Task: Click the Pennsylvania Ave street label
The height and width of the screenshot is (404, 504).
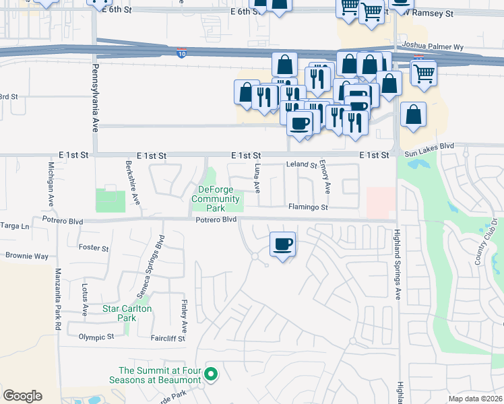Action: coord(95,98)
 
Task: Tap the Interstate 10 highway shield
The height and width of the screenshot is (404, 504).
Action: coord(183,52)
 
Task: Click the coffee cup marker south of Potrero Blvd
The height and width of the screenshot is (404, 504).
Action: coord(283,244)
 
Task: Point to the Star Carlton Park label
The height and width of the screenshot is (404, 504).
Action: coord(127,313)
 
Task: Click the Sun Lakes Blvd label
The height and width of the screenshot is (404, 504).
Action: coord(429,145)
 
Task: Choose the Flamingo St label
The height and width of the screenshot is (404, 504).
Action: coord(308,207)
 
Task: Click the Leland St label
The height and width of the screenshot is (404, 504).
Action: coord(301,164)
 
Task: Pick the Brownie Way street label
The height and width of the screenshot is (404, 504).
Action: coord(27,257)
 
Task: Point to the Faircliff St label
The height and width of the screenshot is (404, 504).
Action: coord(168,339)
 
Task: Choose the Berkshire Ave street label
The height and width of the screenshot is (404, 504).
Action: coord(133,183)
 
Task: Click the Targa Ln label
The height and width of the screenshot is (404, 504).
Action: coord(15,226)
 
